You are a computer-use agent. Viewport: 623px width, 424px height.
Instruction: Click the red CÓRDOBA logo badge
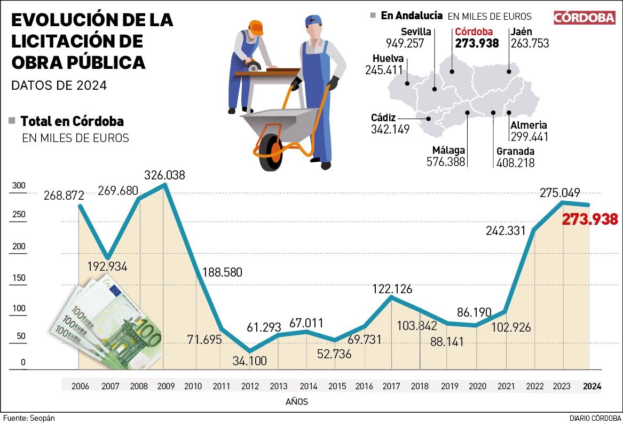(584, 18)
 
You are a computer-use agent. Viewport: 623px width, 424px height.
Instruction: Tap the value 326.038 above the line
(165, 175)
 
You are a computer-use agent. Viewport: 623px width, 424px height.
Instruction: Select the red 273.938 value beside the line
(590, 219)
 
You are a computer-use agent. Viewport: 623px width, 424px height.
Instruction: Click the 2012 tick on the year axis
(250, 386)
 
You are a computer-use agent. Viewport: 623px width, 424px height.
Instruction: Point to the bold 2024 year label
(592, 386)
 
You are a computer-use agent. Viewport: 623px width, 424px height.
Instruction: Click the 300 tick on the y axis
(19, 186)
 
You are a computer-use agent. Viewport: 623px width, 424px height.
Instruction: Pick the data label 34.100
(250, 360)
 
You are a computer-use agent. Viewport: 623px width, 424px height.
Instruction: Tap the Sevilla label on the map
(416, 32)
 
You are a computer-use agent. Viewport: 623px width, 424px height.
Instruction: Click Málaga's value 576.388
(446, 162)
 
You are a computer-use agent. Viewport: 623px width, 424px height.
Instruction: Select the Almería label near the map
(529, 125)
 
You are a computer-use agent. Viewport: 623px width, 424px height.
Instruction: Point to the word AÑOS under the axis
(297, 402)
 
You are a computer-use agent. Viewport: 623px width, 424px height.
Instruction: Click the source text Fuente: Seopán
(29, 418)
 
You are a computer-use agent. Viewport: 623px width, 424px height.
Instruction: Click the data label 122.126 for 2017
(392, 289)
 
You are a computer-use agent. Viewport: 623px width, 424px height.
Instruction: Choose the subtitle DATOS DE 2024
(59, 85)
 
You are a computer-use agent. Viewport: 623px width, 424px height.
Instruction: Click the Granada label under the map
(515, 151)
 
